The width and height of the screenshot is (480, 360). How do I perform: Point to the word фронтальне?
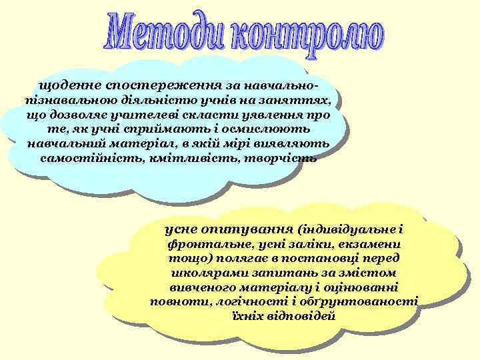click(206, 244)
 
